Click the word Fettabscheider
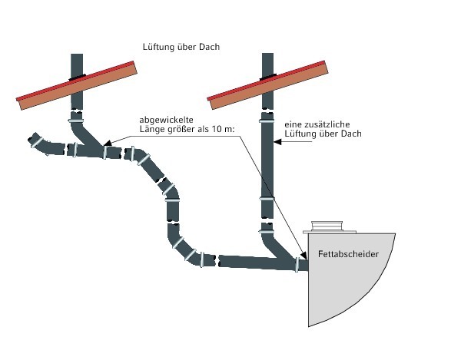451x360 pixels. pos(348,254)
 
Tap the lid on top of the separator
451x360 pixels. pos(327,226)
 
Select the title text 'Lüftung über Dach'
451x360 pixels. pos(181,47)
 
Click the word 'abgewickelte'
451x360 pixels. pos(166,120)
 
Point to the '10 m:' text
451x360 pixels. pos(224,129)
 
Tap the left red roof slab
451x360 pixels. pos(77,85)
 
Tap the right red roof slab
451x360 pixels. pos(268,84)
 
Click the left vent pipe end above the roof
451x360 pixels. pos(77,54)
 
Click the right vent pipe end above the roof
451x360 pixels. pos(268,54)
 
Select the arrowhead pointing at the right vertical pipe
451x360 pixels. pos(277,142)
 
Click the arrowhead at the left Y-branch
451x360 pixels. pos(107,143)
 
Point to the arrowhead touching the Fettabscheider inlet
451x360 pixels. pos(303,255)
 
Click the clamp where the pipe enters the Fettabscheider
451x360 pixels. pos(297,264)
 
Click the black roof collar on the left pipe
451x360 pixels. pos(77,77)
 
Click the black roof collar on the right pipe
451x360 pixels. pos(268,77)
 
